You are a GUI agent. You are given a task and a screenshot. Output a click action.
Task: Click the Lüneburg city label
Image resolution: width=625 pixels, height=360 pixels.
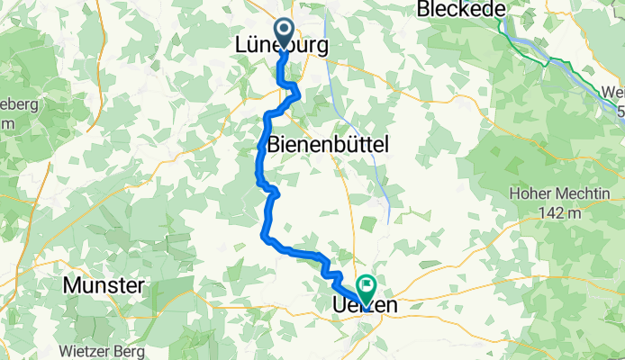[281, 45]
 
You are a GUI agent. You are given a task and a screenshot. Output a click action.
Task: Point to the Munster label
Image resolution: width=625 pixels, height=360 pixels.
[104, 286]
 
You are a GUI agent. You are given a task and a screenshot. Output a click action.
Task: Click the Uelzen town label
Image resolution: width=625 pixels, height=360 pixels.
[359, 307]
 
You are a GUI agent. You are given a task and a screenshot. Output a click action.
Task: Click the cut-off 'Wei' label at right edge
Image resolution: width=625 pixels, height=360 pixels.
[612, 91]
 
